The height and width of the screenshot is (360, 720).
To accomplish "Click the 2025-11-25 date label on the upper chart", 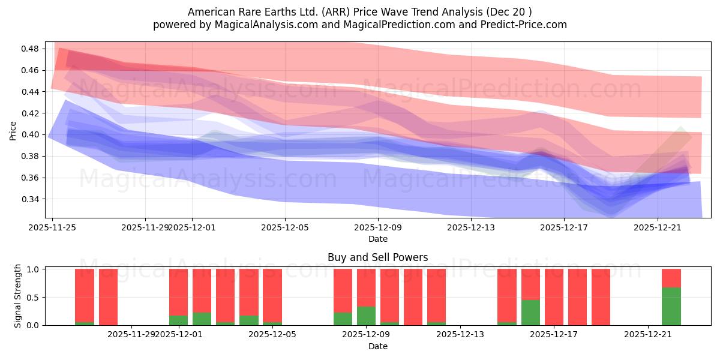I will (x=52, y=227).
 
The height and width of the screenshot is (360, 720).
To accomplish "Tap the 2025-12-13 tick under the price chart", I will (x=471, y=227).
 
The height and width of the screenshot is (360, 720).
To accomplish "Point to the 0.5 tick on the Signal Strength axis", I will (x=33, y=297).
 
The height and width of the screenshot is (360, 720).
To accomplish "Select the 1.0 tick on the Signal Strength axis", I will (x=33, y=269).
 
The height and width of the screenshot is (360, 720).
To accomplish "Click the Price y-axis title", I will (x=13, y=130).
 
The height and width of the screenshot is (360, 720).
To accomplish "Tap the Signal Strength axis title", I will (x=18, y=296).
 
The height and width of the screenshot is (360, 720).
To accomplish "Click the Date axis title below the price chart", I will (x=378, y=239).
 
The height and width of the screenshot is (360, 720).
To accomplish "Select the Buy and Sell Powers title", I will (x=378, y=257).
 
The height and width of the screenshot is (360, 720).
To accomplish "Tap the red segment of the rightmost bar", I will (x=671, y=278).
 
